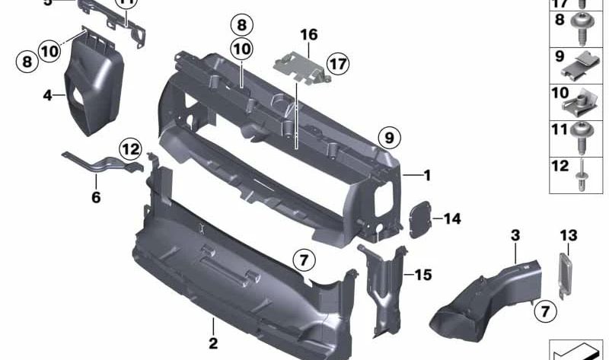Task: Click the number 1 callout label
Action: pyautogui.click(x=427, y=176)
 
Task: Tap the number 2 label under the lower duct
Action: pyautogui.click(x=214, y=345)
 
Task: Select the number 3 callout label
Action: pyautogui.click(x=515, y=237)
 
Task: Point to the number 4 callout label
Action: pyautogui.click(x=48, y=96)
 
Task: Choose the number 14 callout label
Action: pyautogui.click(x=452, y=219)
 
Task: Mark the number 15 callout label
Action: pyautogui.click(x=423, y=272)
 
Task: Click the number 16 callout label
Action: pyautogui.click(x=308, y=35)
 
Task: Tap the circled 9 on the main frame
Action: pyautogui.click(x=387, y=138)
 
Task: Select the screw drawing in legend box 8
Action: pyautogui.click(x=585, y=27)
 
